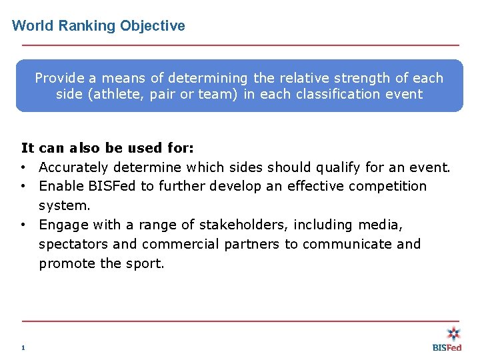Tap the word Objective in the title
(x=153, y=26)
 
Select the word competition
(x=387, y=186)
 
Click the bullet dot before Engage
(x=23, y=225)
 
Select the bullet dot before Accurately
(x=23, y=167)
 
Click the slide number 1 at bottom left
(x=23, y=347)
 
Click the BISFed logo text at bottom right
(x=447, y=347)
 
